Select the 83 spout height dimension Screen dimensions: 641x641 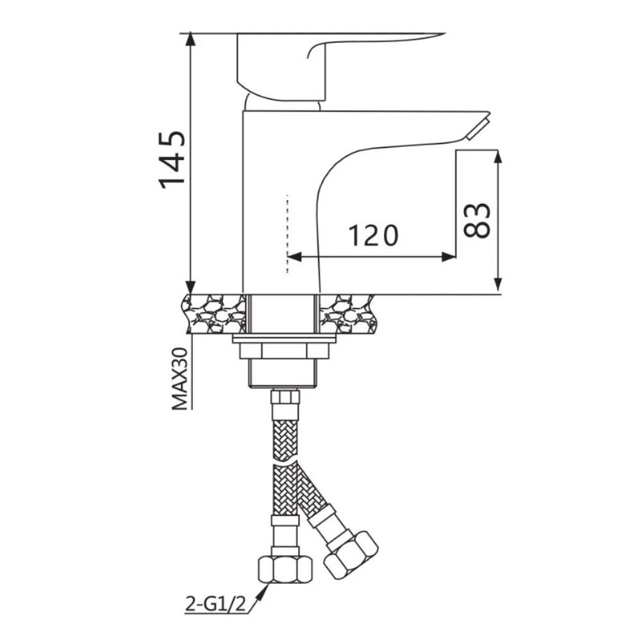478,220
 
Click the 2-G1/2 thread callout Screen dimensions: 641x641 216,604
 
